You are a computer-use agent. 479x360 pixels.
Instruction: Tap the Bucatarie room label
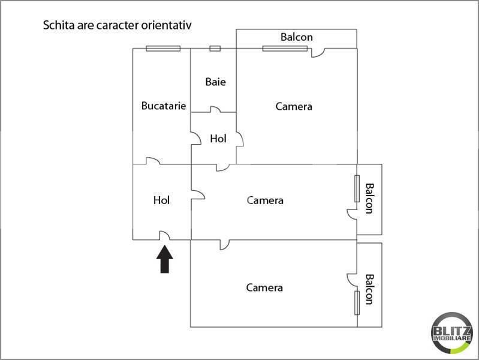click(164, 106)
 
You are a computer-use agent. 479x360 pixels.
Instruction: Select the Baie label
click(215, 82)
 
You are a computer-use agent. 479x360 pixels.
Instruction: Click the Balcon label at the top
click(296, 37)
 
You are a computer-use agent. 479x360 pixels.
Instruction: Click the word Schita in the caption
click(58, 26)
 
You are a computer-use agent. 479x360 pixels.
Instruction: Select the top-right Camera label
click(294, 107)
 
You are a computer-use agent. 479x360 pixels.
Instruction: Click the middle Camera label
click(265, 200)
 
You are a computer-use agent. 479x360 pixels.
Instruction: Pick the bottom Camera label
click(264, 288)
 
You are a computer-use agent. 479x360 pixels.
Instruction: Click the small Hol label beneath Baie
click(218, 139)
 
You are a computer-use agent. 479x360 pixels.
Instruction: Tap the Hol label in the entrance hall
click(162, 200)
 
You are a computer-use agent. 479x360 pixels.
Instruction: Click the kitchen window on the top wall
click(163, 49)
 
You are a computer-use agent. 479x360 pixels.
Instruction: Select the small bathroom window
click(215, 49)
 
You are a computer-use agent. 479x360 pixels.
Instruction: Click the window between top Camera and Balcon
click(284, 49)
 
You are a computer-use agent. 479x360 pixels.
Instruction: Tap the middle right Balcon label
click(369, 198)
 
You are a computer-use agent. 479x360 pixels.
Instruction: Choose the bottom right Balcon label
click(369, 289)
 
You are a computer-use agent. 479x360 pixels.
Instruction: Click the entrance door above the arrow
click(165, 236)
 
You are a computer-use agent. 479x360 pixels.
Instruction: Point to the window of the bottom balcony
click(357, 303)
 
